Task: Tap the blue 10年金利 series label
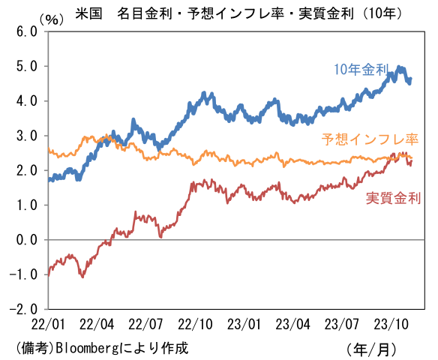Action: (363, 70)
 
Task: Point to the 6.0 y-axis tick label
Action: (25, 31)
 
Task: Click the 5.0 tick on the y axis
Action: (25, 66)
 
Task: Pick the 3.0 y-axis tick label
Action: (25, 136)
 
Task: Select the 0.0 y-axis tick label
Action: (25, 239)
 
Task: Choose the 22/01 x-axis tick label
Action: (48, 325)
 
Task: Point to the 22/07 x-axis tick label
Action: (146, 325)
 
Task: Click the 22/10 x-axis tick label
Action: (196, 325)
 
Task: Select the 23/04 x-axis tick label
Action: (294, 325)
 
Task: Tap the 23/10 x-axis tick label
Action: (392, 325)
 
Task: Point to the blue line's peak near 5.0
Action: (400, 67)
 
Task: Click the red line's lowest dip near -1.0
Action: (82, 276)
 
